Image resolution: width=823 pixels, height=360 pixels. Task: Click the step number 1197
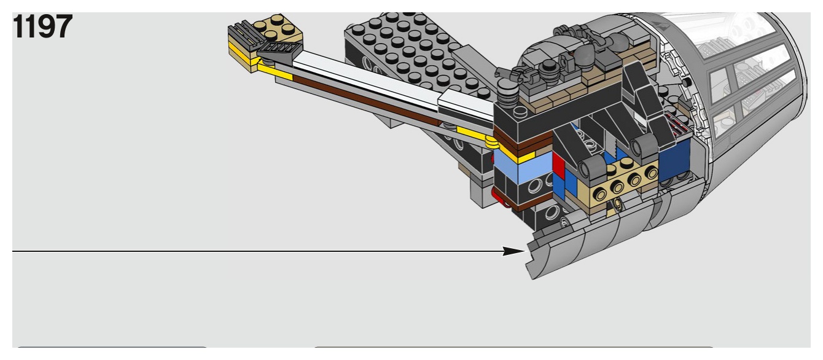pyautogui.click(x=42, y=26)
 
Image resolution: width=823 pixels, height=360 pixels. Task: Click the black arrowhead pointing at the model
pyautogui.click(x=513, y=251)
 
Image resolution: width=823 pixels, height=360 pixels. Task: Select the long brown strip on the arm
pyautogui.click(x=367, y=100)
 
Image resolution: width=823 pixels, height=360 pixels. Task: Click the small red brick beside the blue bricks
pyautogui.click(x=558, y=165)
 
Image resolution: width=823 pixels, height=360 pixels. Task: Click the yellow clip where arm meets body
pyautogui.click(x=491, y=141)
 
